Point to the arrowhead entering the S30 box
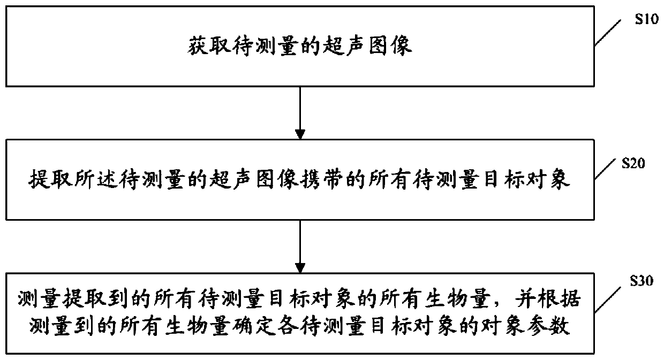click(x=300, y=266)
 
